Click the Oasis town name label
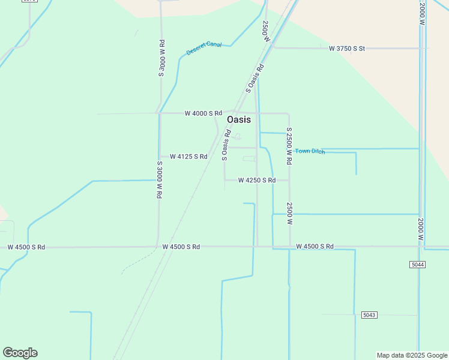coord(239,119)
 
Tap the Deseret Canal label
coord(204,48)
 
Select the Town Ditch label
coord(310,151)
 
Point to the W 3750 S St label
coord(347,48)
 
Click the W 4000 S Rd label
coord(203,113)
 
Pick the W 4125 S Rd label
coord(188,157)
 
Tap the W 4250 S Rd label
coord(257,180)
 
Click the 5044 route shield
coord(418,265)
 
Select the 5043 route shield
coord(370,315)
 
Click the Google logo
coord(20,353)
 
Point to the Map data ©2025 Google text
coord(412,355)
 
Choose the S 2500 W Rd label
coord(289,146)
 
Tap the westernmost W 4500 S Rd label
coord(26,247)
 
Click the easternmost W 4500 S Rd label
coord(315,247)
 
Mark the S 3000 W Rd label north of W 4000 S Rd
coord(161,58)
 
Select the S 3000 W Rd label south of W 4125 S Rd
coord(160,180)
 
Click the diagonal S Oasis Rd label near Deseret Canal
coord(255,79)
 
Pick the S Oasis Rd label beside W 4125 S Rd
coord(226,146)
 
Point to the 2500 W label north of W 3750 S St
coord(265,30)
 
